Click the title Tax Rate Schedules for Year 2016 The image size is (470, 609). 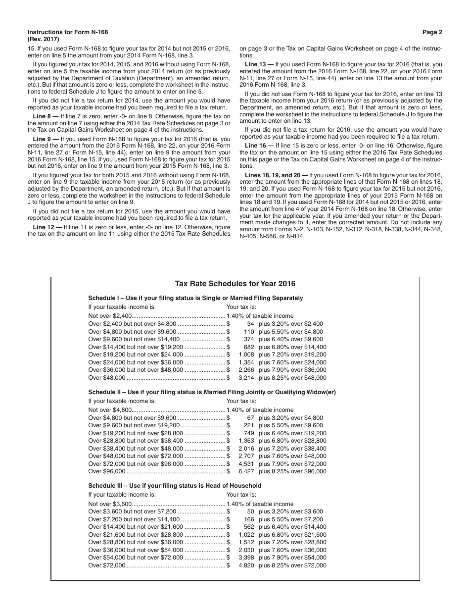[x=235, y=284]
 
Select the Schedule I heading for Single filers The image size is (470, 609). [x=195, y=298]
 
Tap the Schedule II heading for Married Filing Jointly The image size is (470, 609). [x=212, y=392]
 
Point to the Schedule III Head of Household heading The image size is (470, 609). [x=175, y=486]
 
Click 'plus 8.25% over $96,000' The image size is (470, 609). [x=292, y=471]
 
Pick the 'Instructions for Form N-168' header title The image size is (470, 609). [x=68, y=32]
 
